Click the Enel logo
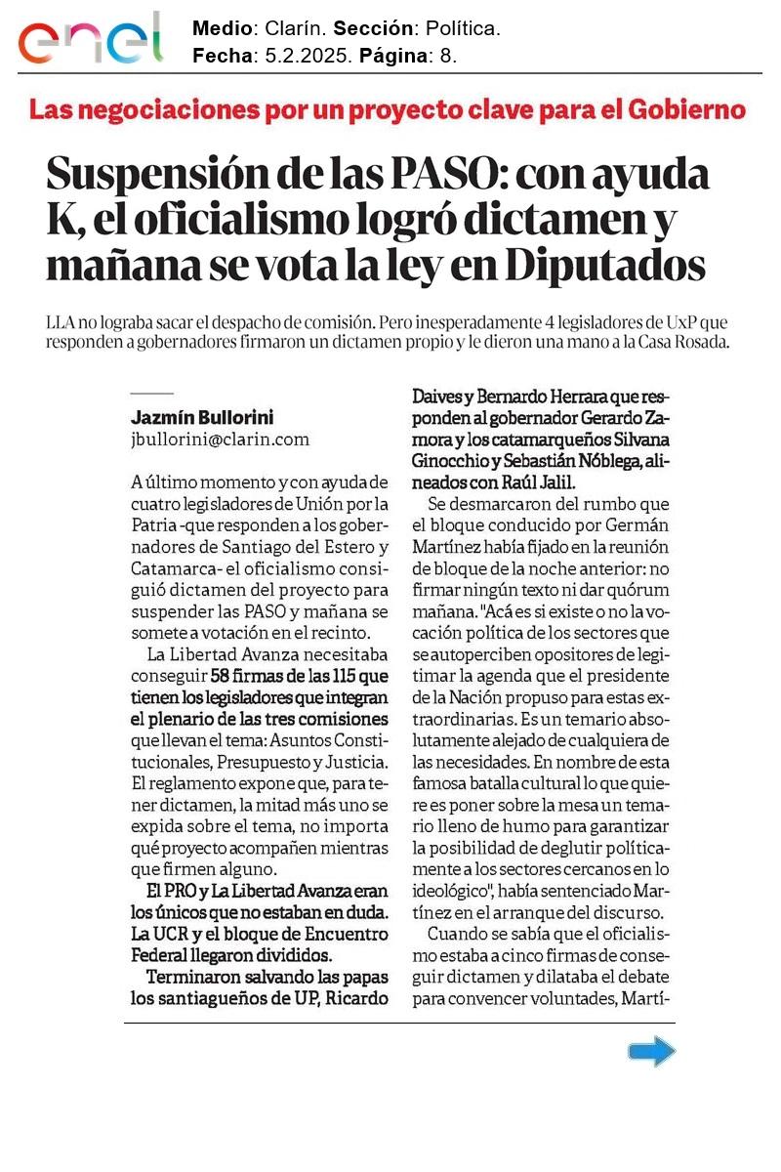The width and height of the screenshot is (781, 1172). coord(91,38)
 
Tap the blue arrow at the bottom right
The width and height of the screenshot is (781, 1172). coord(651,1052)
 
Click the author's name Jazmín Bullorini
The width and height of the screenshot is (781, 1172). coord(202,417)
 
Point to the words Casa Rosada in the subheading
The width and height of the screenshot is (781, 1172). coord(682,342)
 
